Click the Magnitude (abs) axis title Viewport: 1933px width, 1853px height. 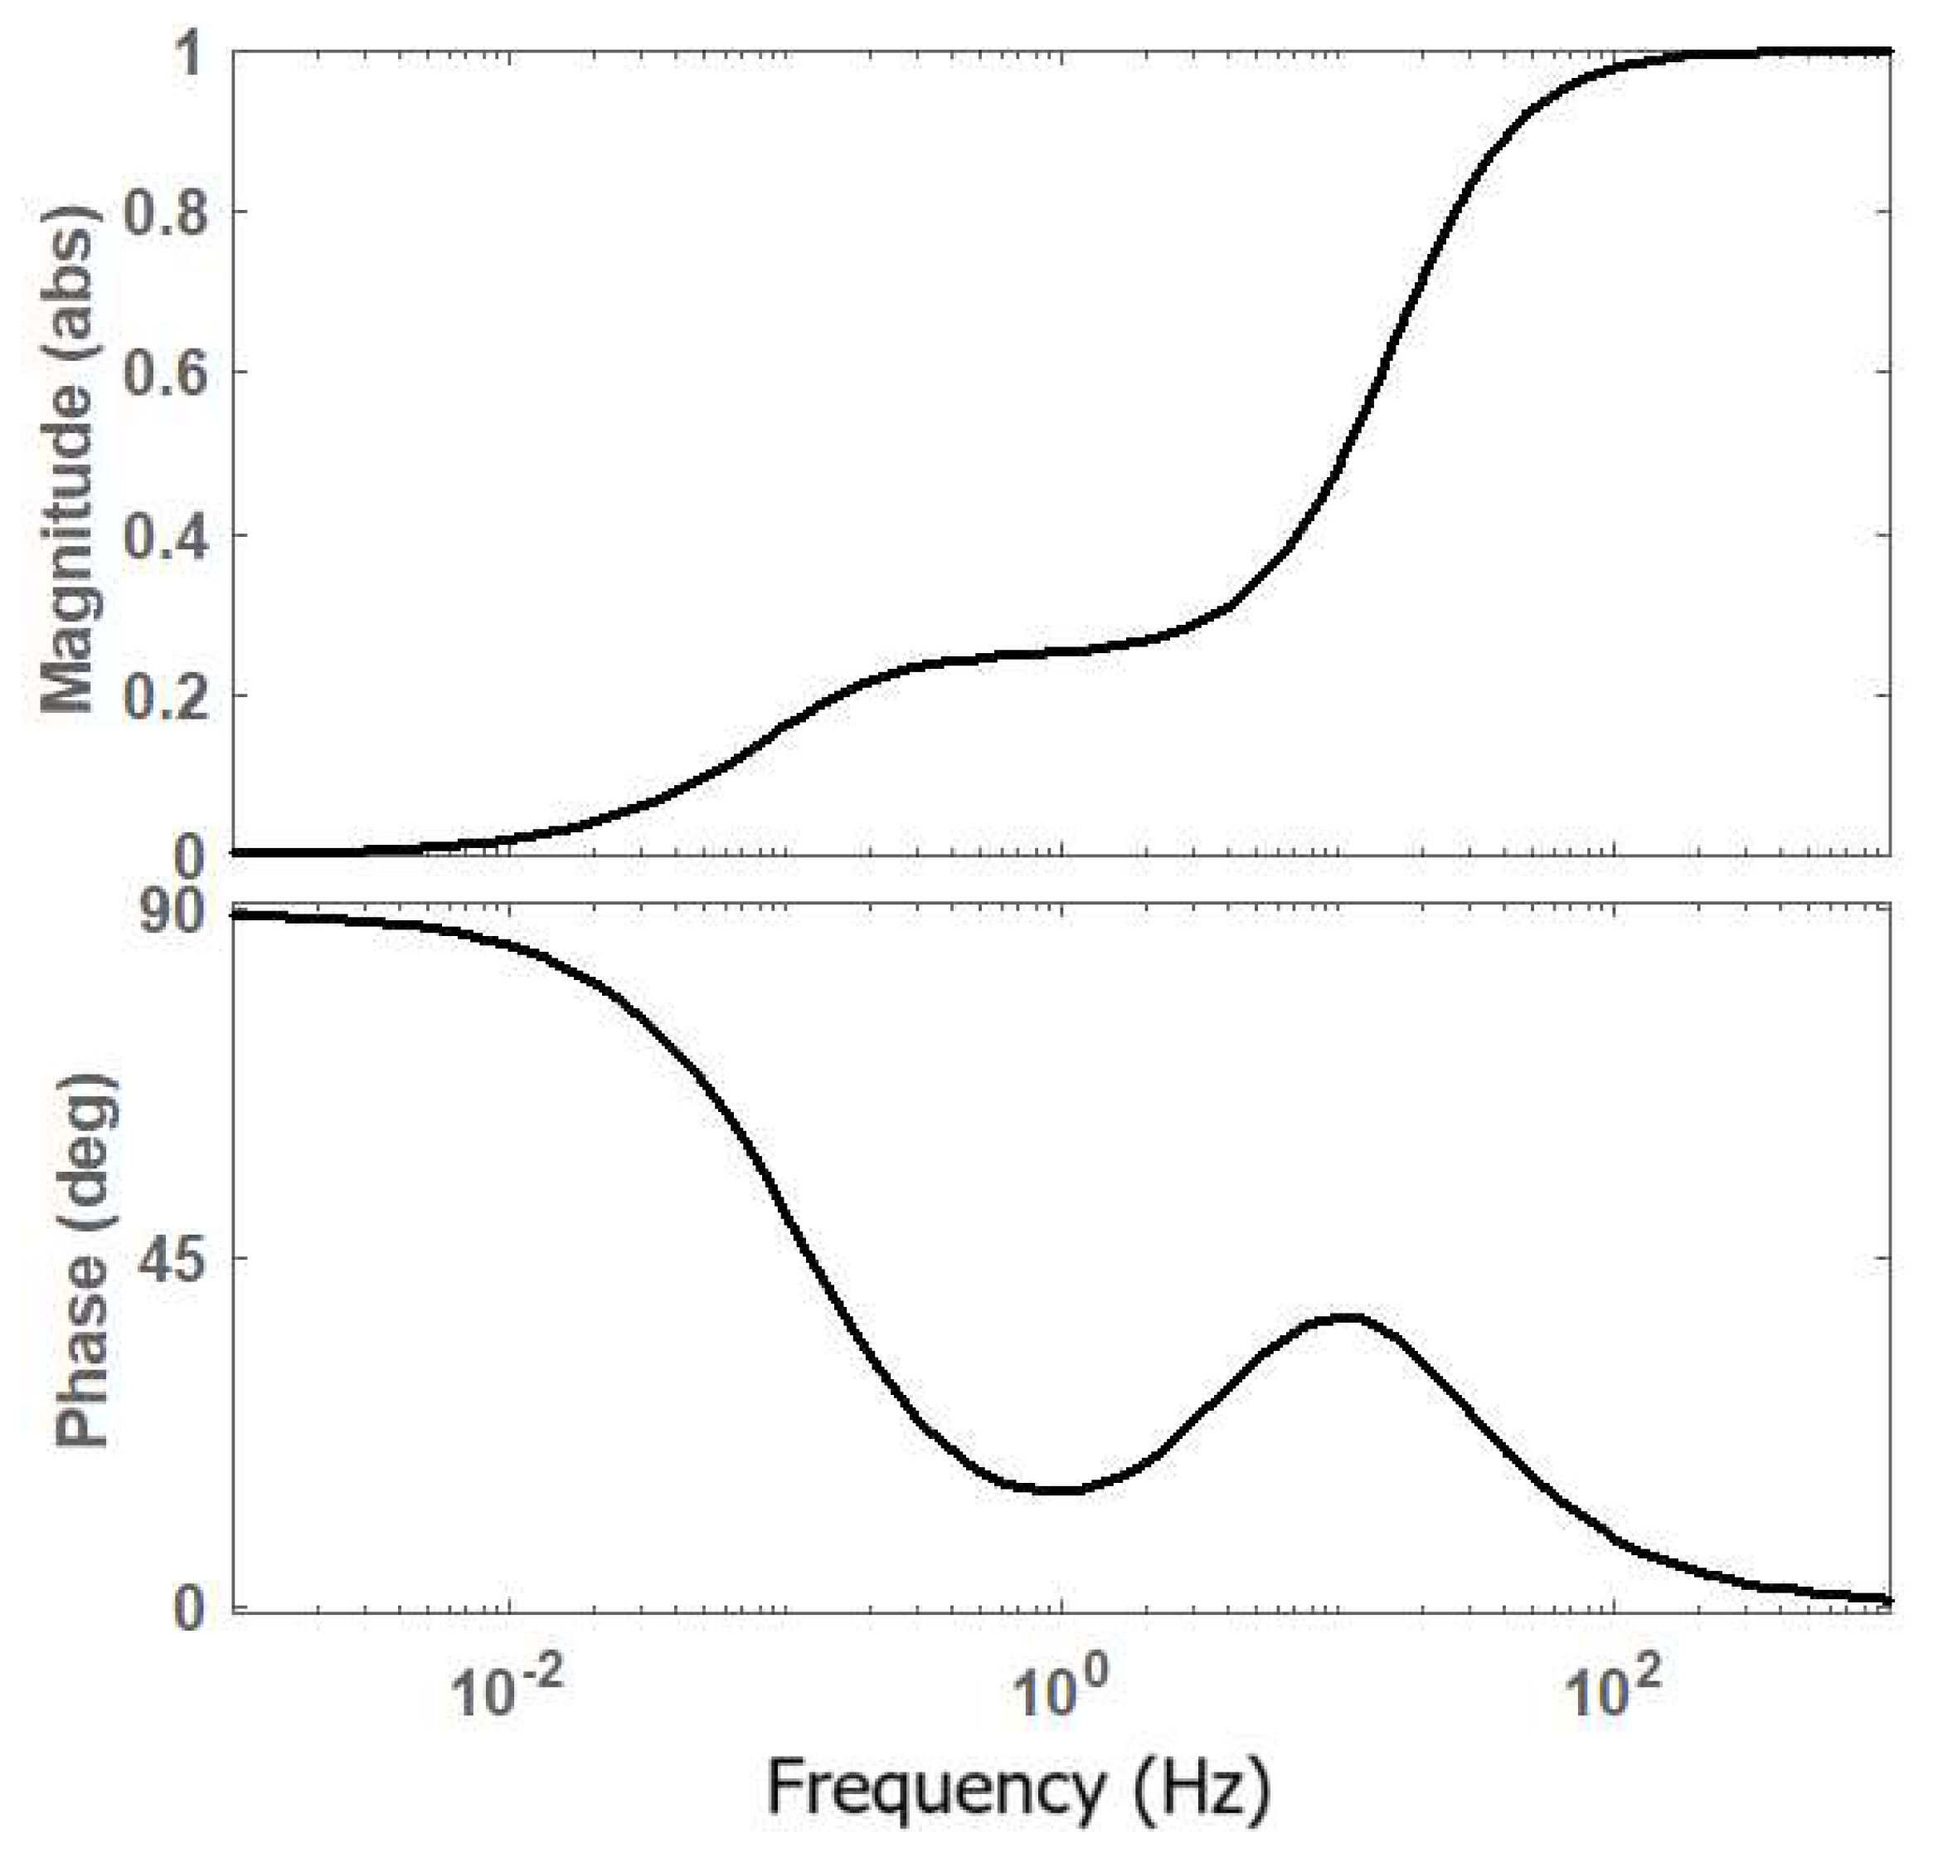pos(69,459)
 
